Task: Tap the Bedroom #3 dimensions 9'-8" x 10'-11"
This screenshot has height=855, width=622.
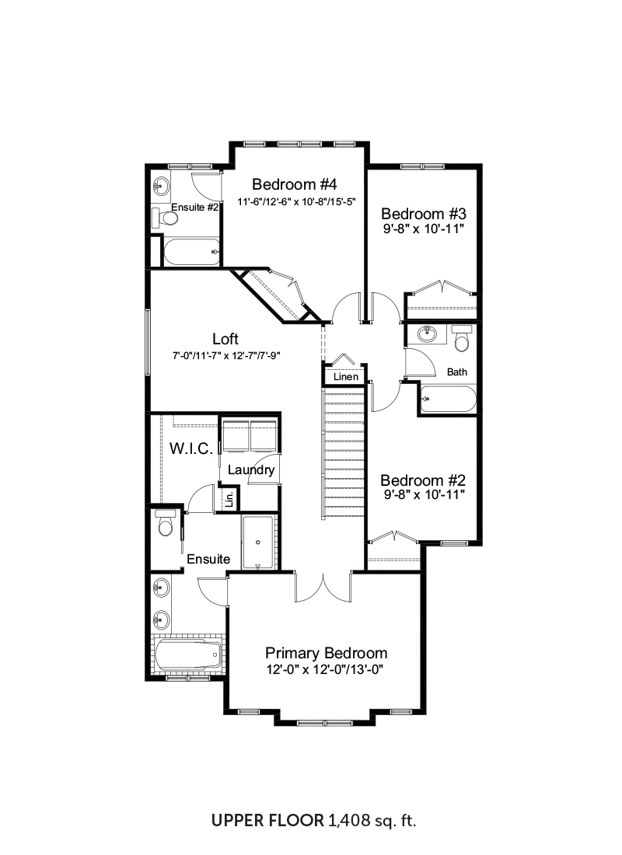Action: click(x=424, y=229)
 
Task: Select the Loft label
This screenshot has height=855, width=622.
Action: click(x=225, y=339)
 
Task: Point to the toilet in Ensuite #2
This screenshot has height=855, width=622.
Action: click(x=166, y=218)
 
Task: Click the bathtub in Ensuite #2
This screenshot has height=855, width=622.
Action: click(x=192, y=252)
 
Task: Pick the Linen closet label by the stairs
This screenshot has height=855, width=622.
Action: click(x=346, y=377)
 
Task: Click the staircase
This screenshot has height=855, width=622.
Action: click(x=343, y=453)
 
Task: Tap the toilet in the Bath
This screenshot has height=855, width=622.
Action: click(x=462, y=339)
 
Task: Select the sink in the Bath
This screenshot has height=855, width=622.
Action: click(x=427, y=333)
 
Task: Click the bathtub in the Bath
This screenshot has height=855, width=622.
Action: click(x=448, y=400)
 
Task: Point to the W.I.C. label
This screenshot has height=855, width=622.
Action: click(x=191, y=448)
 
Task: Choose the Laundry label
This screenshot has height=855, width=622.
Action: click(x=251, y=470)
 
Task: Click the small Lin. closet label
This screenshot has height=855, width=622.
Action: click(x=229, y=499)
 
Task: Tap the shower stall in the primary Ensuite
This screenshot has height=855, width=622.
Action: click(x=257, y=542)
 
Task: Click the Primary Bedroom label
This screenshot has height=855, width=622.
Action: click(x=327, y=653)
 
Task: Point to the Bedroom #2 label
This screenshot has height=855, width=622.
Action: click(x=423, y=480)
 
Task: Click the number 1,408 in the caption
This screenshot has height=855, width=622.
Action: click(x=349, y=820)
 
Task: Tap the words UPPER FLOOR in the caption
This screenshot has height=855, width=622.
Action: click(x=268, y=820)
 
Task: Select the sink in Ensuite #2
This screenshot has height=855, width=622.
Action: click(x=160, y=187)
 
